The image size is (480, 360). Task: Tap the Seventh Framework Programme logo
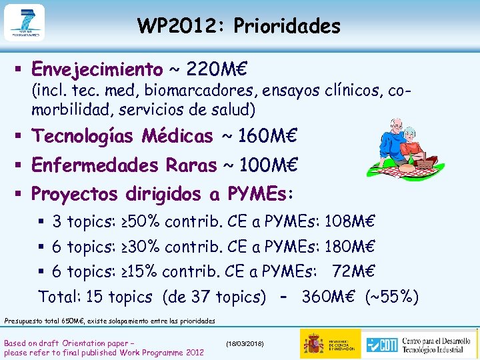tap(24, 23)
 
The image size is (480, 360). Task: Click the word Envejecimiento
tap(97, 69)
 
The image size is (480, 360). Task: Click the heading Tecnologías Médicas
tap(122, 136)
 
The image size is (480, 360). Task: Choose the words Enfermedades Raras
tap(124, 165)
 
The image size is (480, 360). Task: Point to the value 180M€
tap(351, 247)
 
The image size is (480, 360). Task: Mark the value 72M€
tap(354, 271)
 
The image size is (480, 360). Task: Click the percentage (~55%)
tap(391, 296)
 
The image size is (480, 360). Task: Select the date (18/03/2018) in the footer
tap(245, 343)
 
